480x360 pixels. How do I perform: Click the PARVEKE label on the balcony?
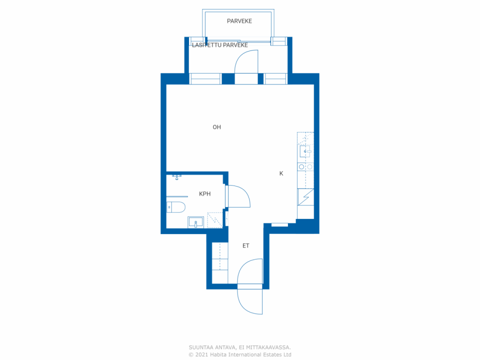click(239, 21)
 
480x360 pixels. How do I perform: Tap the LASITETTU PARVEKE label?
click(220, 45)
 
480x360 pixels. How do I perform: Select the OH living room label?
click(217, 127)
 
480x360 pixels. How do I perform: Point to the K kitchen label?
click(281, 173)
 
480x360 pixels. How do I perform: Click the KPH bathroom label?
click(205, 193)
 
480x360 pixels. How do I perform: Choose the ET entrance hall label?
click(246, 246)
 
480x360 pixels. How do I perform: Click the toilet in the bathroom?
click(176, 207)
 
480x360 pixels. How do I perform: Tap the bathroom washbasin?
click(196, 222)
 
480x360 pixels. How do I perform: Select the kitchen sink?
click(306, 151)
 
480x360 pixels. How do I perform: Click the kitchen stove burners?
click(306, 167)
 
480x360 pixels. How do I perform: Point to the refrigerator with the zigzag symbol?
click(306, 197)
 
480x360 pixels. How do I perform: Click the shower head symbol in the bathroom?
click(177, 177)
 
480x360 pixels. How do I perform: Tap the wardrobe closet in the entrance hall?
click(220, 263)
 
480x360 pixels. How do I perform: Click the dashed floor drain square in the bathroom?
click(215, 220)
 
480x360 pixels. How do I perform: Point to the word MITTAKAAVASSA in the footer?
click(268, 347)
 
